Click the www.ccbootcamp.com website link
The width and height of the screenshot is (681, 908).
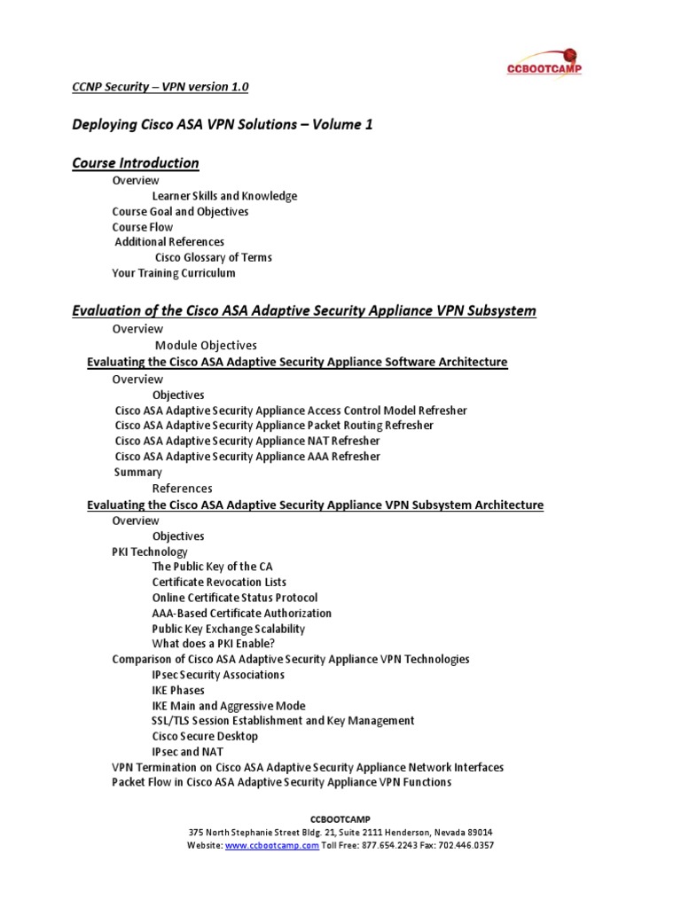[x=271, y=846]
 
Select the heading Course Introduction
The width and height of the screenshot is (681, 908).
[x=135, y=163]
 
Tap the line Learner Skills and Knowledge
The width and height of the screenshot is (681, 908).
[x=224, y=196]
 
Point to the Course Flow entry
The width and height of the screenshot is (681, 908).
[x=143, y=227]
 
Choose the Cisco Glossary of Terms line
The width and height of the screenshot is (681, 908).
[x=214, y=257]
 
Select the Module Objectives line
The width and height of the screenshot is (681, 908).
[x=206, y=345]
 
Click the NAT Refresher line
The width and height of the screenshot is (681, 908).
[x=247, y=441]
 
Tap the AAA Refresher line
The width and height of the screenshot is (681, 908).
[x=247, y=457]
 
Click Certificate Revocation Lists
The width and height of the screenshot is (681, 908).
[x=219, y=583]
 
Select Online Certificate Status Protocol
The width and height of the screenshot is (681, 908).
[x=234, y=598]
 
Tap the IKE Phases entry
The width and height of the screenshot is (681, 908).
[x=178, y=690]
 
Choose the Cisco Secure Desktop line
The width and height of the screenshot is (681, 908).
[x=205, y=736]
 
